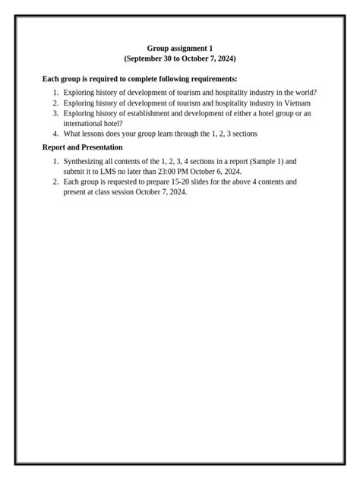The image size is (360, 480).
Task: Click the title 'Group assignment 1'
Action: click(x=180, y=48)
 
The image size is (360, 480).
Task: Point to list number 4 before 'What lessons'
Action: click(x=55, y=134)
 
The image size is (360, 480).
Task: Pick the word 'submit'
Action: click(x=74, y=172)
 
